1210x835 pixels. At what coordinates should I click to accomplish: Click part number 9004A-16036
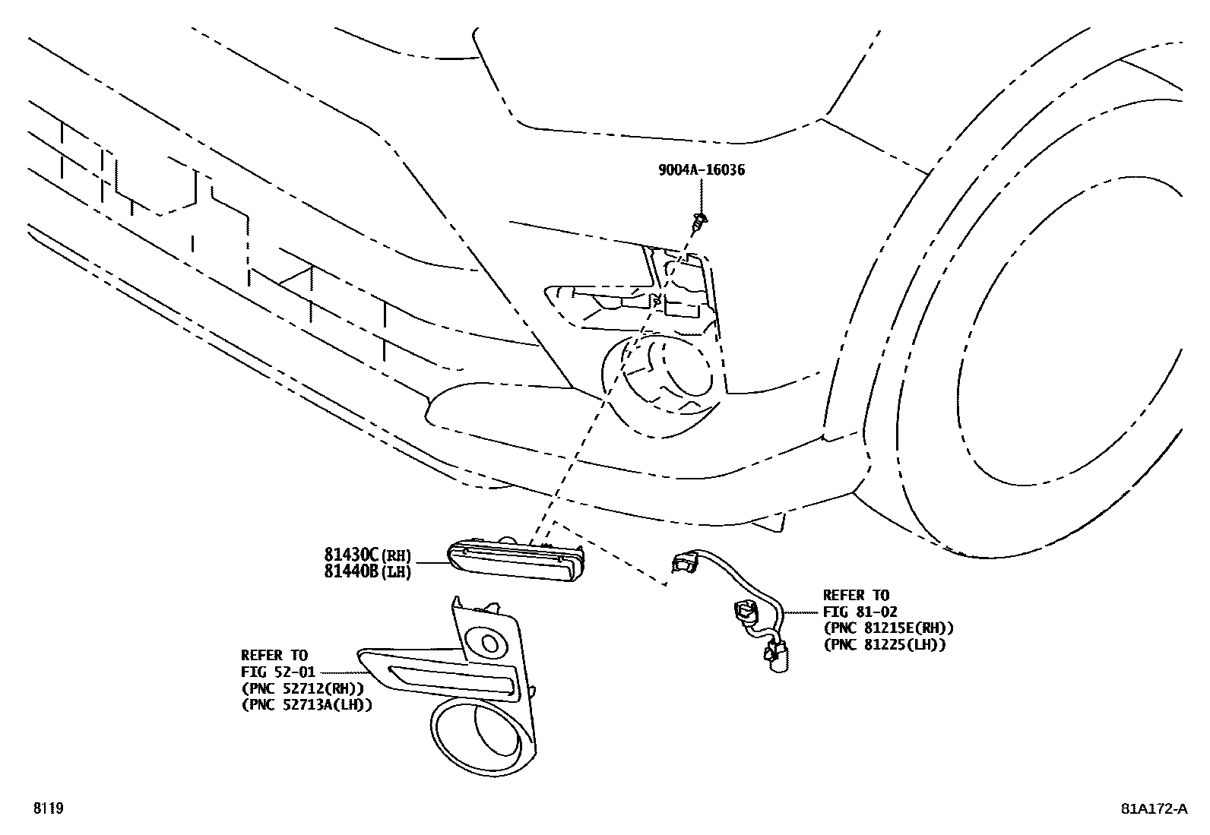coord(701,170)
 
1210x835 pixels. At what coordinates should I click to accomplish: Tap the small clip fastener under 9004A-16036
coord(698,222)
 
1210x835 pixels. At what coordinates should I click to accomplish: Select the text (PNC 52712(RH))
coord(302,688)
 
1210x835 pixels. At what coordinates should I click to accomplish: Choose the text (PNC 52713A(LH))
coord(306,705)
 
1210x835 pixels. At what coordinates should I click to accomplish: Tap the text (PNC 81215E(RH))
coord(888,628)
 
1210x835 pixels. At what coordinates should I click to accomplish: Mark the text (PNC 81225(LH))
coord(884,645)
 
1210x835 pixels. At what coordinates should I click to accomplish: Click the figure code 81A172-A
coord(1153,808)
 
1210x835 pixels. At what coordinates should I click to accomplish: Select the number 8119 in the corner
coord(47,808)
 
